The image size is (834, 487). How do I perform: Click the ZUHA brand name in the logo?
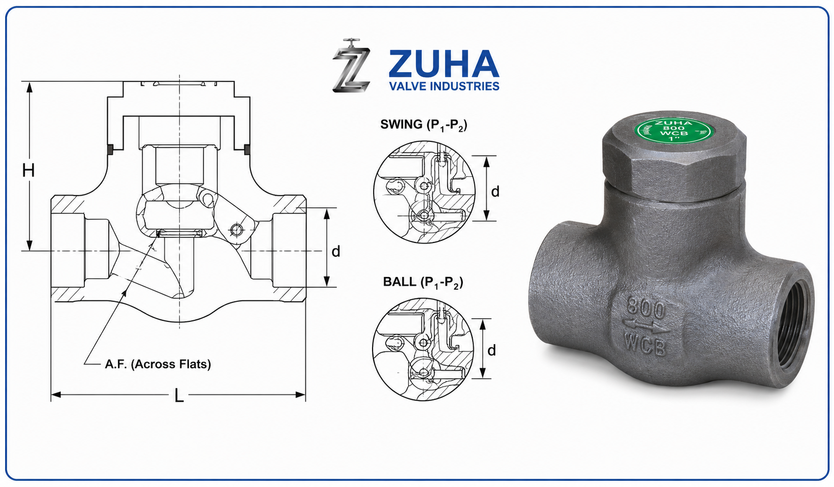point(444,64)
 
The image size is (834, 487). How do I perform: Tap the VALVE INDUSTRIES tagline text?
point(444,86)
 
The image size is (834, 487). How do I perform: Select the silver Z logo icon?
point(352,66)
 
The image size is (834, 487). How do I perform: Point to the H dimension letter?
point(28,170)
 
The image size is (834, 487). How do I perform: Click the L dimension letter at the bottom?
point(179,396)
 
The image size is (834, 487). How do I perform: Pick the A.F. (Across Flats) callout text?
point(158,364)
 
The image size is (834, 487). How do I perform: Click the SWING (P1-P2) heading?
point(424,125)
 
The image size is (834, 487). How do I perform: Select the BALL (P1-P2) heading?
point(423,282)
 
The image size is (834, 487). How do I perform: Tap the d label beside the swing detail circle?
point(495,191)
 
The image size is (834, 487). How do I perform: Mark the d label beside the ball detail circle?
point(491,350)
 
